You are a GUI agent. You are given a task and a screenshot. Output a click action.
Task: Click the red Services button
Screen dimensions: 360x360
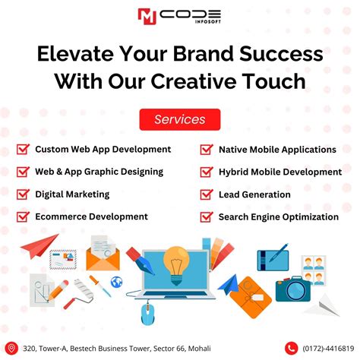(179, 119)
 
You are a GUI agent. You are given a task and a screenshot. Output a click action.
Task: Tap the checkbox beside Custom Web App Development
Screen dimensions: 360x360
(23, 150)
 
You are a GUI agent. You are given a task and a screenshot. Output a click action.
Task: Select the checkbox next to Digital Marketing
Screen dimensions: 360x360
(23, 194)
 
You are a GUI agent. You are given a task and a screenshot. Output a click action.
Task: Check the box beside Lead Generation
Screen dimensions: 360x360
(206, 194)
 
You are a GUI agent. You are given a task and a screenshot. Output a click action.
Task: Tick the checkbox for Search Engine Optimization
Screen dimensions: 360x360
(206, 217)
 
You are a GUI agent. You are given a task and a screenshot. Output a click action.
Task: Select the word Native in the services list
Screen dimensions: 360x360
(234, 150)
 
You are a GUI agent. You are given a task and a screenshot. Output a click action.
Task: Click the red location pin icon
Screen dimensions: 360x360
(11, 348)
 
